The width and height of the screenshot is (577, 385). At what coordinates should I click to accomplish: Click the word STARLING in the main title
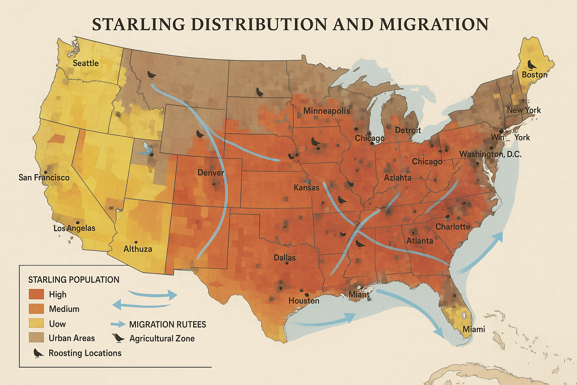point(139,24)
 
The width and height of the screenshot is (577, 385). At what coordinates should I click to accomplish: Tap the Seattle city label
point(86,63)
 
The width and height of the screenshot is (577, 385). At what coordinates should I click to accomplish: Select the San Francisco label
point(44,177)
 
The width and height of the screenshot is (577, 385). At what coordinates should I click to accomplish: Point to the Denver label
point(211,173)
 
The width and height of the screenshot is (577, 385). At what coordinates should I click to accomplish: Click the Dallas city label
point(284,258)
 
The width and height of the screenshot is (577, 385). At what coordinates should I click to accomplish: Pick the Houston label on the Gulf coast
point(304,301)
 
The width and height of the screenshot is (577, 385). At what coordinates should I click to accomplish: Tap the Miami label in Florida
point(474,329)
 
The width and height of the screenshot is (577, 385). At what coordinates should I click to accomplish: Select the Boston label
point(534,75)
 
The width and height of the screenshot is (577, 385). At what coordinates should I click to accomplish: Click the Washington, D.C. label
point(490,154)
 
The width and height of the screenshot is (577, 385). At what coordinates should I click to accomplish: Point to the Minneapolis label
point(326,111)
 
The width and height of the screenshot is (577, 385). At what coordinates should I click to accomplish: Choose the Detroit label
point(408,130)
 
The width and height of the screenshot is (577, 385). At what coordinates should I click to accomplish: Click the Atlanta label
point(420,241)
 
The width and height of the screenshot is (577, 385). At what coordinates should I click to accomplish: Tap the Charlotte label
point(453,227)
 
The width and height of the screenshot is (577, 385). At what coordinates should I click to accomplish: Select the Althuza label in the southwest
point(137,249)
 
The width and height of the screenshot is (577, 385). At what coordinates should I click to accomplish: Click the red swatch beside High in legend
point(36,294)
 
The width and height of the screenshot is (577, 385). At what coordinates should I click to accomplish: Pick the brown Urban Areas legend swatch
point(36,338)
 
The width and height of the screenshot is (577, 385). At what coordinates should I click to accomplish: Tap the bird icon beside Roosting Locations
point(38,353)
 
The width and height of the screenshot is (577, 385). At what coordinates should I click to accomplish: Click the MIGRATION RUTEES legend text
point(168,324)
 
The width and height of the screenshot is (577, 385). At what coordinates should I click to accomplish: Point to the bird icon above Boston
point(532,65)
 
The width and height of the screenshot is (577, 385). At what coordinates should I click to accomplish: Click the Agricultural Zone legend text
point(162,338)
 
